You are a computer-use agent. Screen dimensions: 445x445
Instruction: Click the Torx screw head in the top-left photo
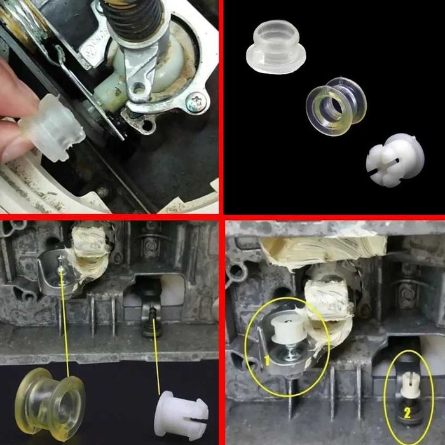pos(196,102)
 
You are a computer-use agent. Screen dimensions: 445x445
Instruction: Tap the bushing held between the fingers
pos(53,127)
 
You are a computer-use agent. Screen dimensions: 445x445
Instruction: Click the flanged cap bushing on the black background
pos(275,46)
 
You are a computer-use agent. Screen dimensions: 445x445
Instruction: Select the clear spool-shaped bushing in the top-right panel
pos(336,106)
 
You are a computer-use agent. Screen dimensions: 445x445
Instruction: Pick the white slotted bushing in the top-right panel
pos(395,160)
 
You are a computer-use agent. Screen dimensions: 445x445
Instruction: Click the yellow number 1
pos(267,360)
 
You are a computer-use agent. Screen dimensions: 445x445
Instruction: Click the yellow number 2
pos(407,413)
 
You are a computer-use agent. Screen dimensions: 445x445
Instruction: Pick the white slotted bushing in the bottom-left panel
pos(181,413)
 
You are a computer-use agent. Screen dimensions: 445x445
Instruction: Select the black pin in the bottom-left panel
pos(153,323)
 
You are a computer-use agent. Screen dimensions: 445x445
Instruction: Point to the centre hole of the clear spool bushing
pos(331,109)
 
